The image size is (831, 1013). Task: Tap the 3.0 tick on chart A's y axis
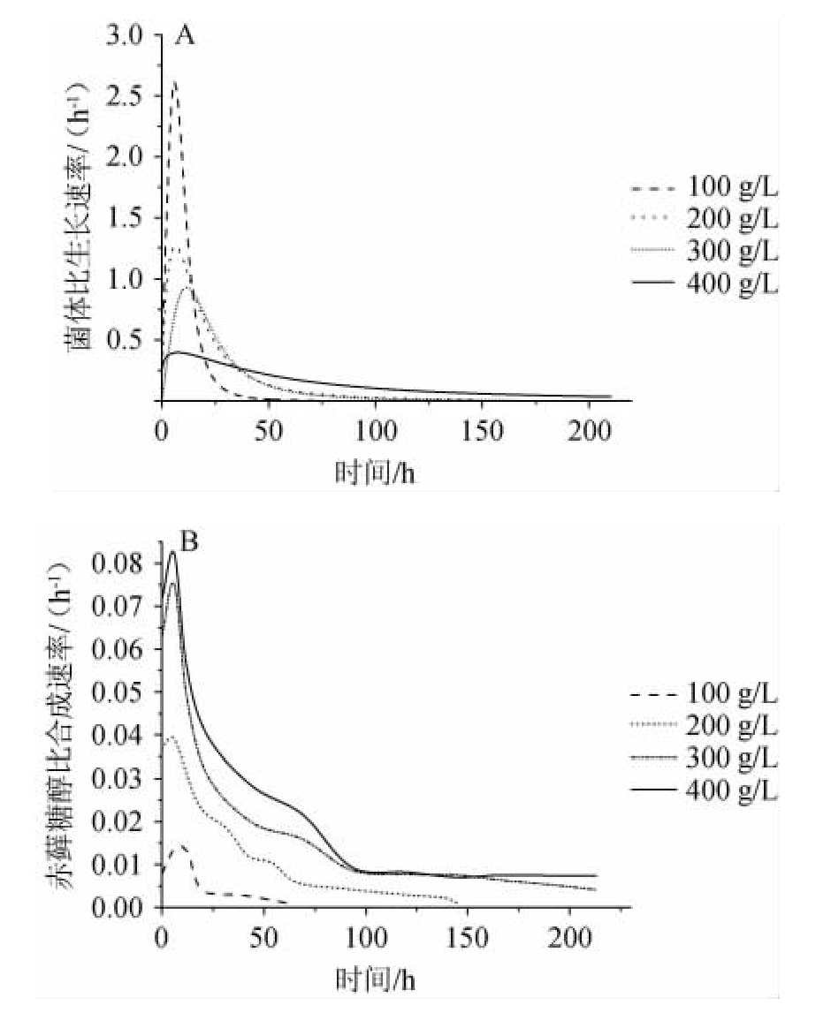(123, 36)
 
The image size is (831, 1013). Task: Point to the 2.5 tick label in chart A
(123, 97)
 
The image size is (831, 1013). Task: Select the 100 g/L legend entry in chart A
(705, 189)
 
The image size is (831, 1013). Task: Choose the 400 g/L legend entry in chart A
(705, 285)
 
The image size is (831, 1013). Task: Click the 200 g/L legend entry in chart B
(705, 727)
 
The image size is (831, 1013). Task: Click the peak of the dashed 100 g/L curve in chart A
(175, 82)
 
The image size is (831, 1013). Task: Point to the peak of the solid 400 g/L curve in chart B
(173, 553)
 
